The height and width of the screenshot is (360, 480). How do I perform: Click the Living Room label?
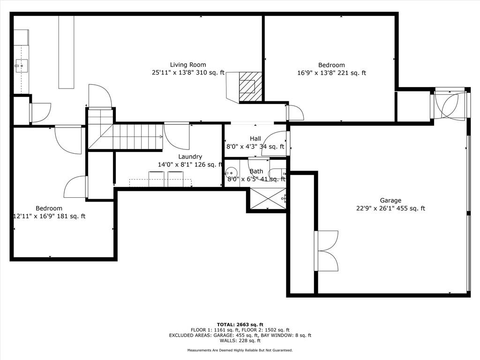click(x=188, y=65)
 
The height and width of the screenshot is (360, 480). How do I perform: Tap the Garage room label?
click(x=390, y=201)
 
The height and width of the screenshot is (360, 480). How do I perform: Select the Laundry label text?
click(x=190, y=157)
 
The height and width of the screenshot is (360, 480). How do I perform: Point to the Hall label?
click(x=255, y=139)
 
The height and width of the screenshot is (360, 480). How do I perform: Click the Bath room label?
click(x=256, y=172)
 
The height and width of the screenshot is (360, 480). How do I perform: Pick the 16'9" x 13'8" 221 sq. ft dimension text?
click(x=331, y=73)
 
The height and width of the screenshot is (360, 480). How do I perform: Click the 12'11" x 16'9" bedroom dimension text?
click(x=49, y=217)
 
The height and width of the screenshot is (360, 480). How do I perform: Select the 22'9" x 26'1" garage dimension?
click(x=390, y=209)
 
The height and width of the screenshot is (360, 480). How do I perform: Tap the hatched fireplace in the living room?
click(x=250, y=87)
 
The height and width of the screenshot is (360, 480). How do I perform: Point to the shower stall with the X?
click(x=268, y=199)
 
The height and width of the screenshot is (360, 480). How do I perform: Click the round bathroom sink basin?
click(x=231, y=173)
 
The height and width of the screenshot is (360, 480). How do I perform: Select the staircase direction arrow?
click(x=132, y=137)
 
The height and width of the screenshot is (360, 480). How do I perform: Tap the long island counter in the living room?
click(x=67, y=52)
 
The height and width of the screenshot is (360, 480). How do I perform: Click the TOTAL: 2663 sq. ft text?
click(x=240, y=324)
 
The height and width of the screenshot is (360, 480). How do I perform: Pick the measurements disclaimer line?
click(x=240, y=350)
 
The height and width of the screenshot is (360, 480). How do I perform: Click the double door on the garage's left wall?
click(x=326, y=251)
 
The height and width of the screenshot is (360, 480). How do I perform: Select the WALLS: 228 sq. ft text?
click(x=240, y=340)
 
